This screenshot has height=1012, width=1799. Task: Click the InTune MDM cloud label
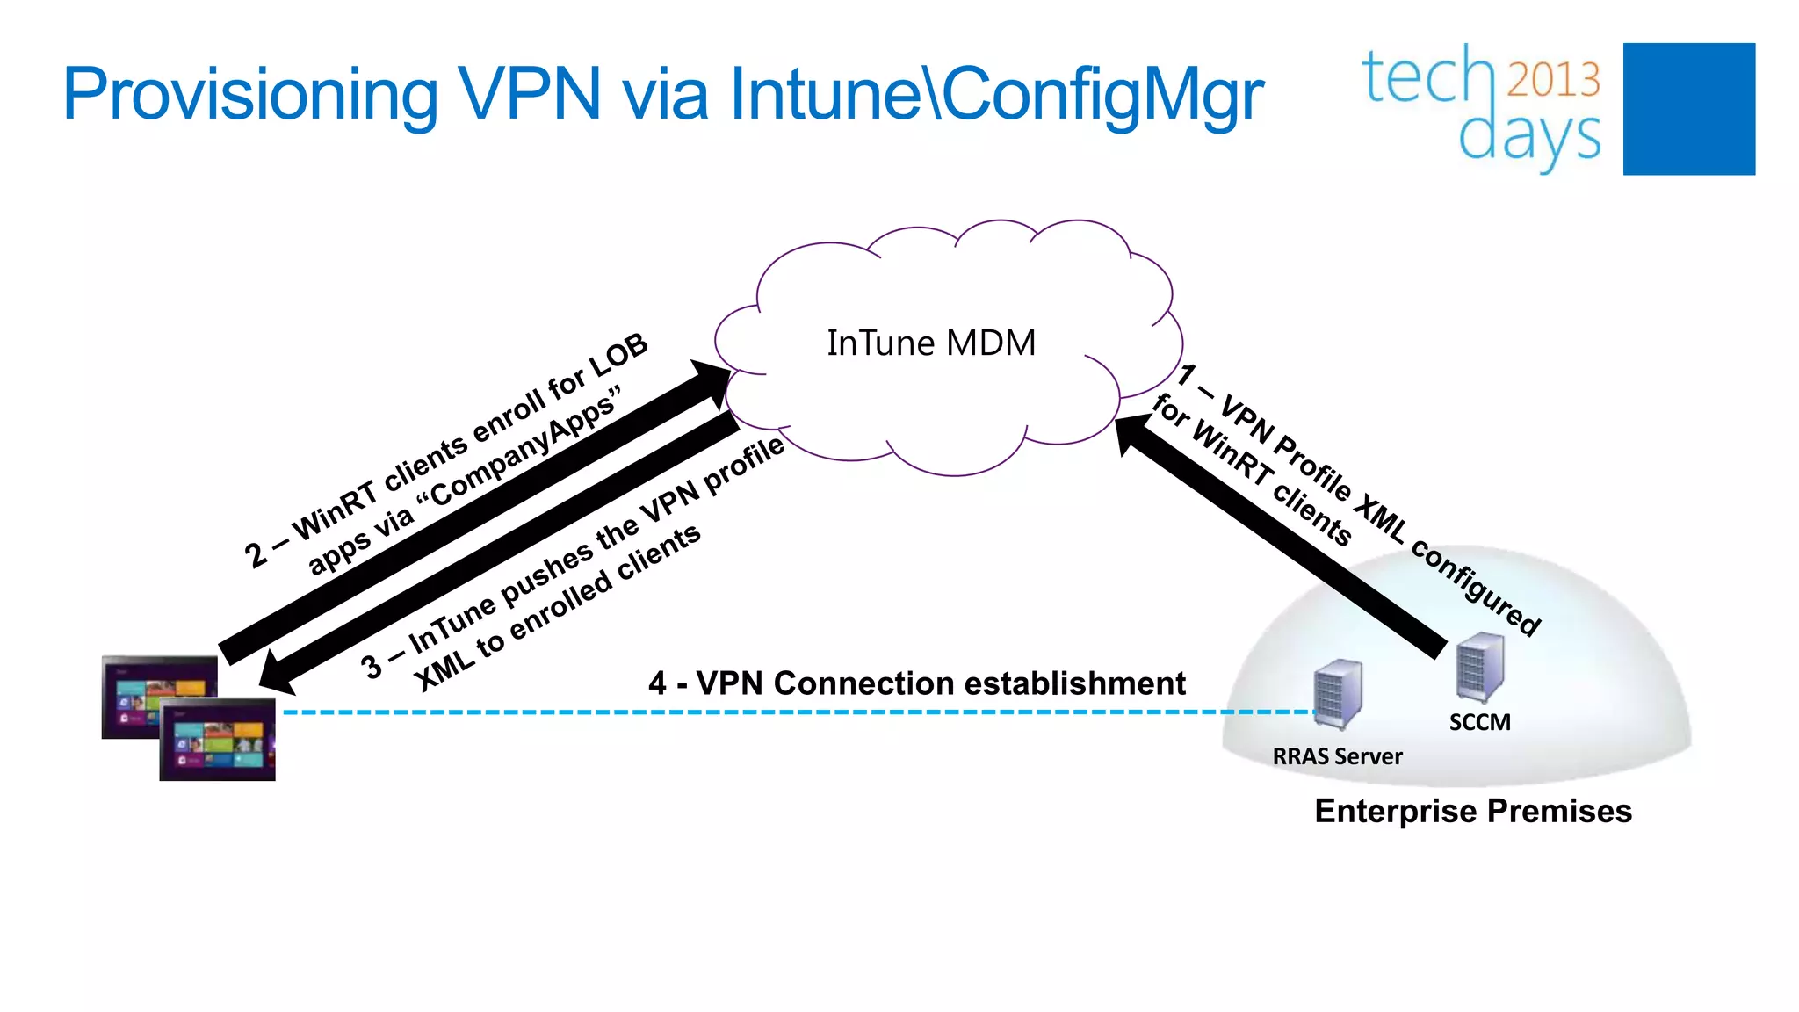pyautogui.click(x=931, y=343)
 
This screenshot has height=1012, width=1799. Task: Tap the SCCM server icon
pyautogui.click(x=1479, y=668)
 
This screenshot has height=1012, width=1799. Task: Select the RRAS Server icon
pyautogui.click(x=1338, y=694)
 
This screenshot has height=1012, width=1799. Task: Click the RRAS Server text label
pyautogui.click(x=1337, y=756)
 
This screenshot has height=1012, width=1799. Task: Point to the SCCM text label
pyautogui.click(x=1479, y=722)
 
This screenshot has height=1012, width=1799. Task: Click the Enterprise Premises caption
pyautogui.click(x=1473, y=811)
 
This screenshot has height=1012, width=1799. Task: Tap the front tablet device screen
pyautogui.click(x=217, y=740)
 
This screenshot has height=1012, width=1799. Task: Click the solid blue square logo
pyautogui.click(x=1688, y=109)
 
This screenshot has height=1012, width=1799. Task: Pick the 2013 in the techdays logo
pyautogui.click(x=1554, y=79)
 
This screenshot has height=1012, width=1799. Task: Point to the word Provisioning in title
pyautogui.click(x=250, y=94)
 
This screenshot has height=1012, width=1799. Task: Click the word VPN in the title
pyautogui.click(x=530, y=94)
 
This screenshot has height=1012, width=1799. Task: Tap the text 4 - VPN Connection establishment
pyautogui.click(x=916, y=683)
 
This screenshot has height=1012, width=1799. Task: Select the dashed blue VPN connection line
pyautogui.click(x=791, y=712)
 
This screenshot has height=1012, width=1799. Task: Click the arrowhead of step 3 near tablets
pyautogui.click(x=274, y=675)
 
